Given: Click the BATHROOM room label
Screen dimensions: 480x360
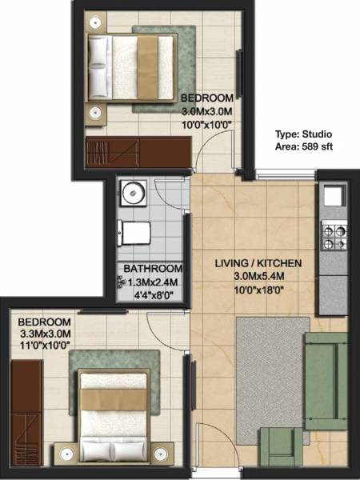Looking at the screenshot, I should click(152, 269).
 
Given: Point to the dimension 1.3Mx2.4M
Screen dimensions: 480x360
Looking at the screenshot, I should click(152, 282).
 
